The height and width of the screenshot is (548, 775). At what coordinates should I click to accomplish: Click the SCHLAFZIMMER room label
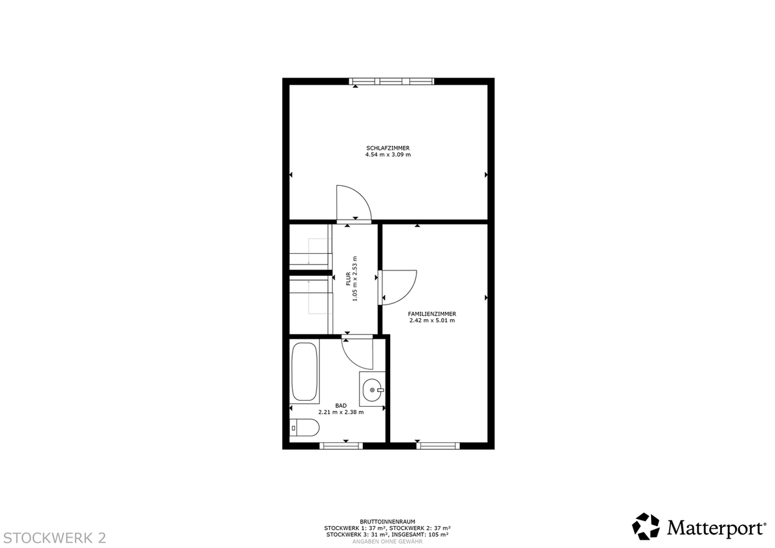click(388, 148)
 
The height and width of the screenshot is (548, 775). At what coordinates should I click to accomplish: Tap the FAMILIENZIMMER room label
click(432, 314)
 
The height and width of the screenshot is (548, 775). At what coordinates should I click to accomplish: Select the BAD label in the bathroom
click(341, 405)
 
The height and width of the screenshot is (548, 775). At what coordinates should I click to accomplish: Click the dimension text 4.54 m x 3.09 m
click(388, 154)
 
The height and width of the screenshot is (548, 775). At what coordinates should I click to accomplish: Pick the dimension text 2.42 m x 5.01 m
click(432, 321)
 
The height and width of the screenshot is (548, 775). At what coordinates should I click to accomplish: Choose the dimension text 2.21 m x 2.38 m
click(341, 412)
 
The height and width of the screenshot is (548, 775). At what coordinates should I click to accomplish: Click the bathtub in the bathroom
click(304, 372)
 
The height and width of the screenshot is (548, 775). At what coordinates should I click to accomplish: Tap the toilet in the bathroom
click(304, 428)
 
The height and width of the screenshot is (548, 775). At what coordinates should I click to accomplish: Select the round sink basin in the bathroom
click(372, 390)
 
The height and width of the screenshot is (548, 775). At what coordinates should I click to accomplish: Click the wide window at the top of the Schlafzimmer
click(391, 81)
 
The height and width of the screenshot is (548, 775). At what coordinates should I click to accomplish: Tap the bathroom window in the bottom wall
click(341, 446)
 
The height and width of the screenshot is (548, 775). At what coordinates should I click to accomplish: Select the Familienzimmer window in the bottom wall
click(438, 446)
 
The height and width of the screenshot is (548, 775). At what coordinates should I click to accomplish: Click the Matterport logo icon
click(646, 527)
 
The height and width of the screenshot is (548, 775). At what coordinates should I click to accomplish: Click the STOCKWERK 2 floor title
click(55, 538)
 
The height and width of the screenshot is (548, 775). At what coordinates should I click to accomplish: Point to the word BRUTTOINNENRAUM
click(387, 522)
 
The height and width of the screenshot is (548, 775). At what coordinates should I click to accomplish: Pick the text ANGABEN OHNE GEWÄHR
click(387, 542)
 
